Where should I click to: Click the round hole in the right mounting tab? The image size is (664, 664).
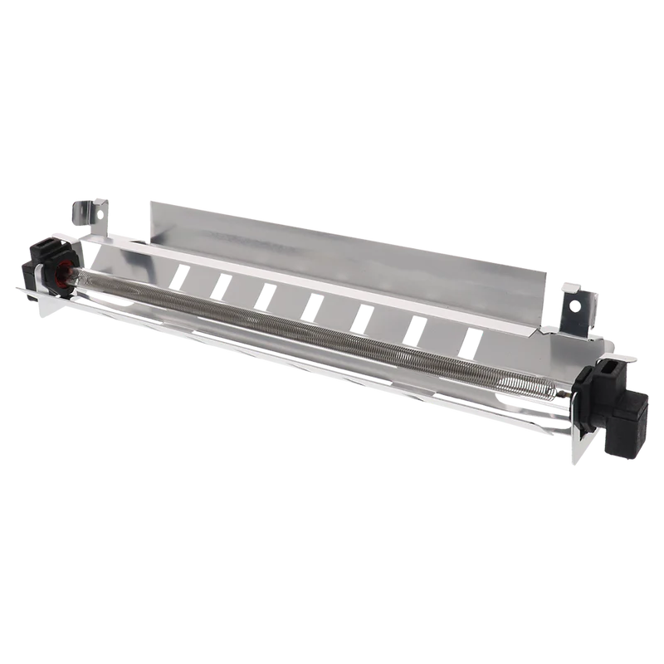point(574,306)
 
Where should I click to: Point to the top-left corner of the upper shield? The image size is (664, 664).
point(149,198)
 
